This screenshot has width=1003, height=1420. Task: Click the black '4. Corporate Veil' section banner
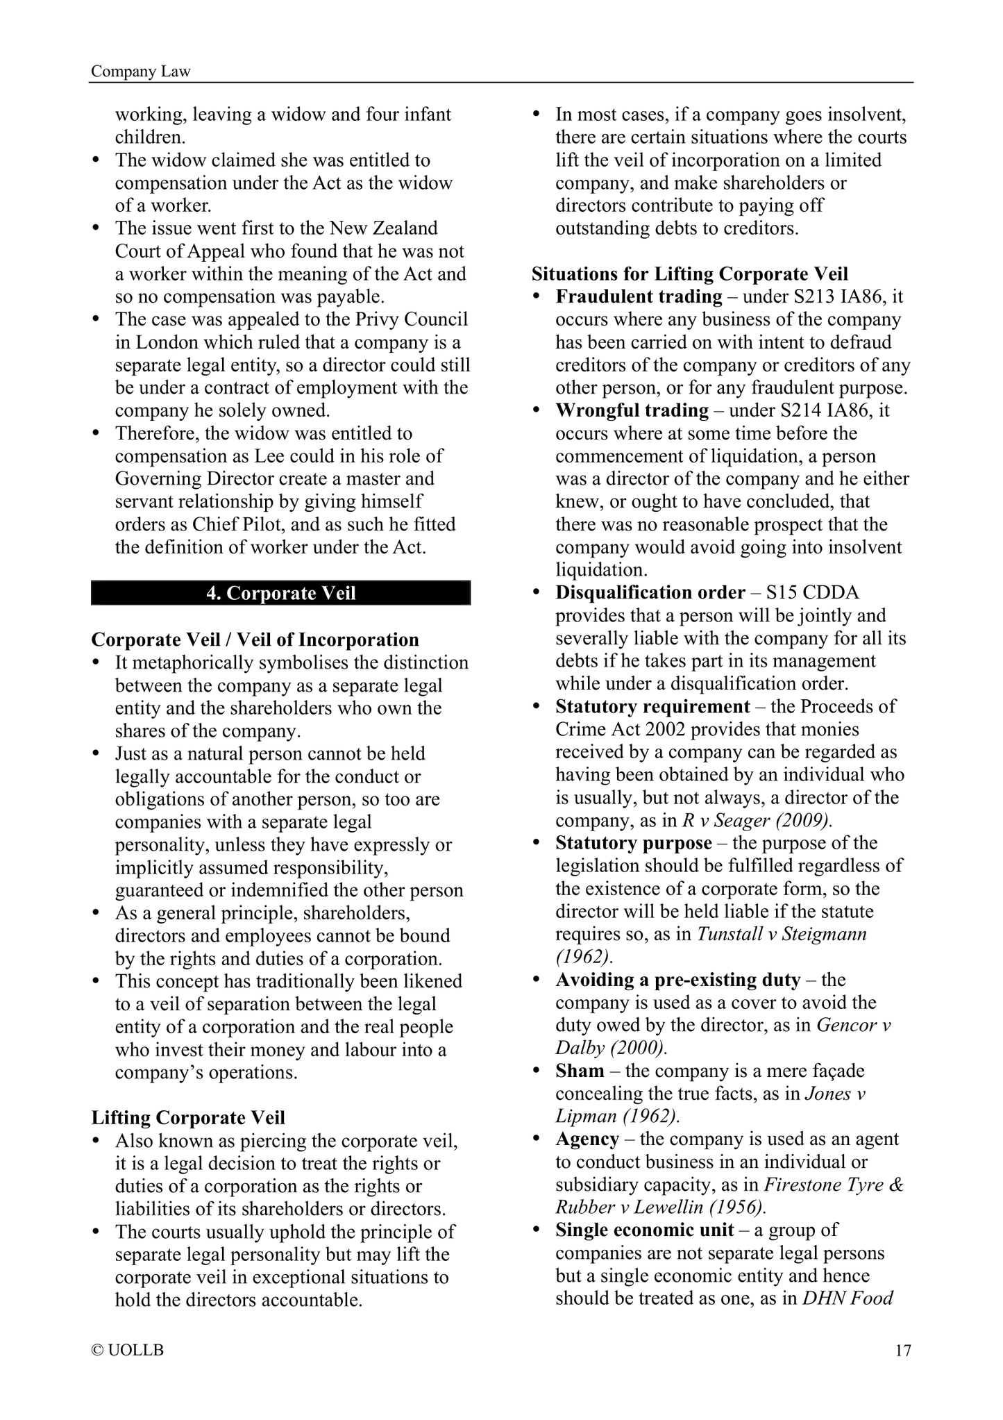point(280,593)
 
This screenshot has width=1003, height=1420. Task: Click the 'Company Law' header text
point(141,72)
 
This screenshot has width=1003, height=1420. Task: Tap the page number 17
point(902,1351)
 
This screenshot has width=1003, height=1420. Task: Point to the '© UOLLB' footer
point(128,1351)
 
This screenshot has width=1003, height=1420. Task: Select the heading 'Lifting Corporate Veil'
point(188,1118)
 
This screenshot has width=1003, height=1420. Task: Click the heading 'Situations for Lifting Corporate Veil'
point(690,274)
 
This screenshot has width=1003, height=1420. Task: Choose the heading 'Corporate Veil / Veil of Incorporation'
point(255,640)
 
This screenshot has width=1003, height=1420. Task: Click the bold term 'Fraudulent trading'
point(639,297)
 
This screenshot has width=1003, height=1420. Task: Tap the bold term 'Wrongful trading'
point(632,411)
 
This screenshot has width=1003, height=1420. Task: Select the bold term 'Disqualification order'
point(650,593)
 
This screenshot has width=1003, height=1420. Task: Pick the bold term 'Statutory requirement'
point(652,707)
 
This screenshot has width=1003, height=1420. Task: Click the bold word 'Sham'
point(580,1071)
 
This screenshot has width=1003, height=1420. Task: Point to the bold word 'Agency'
point(587,1139)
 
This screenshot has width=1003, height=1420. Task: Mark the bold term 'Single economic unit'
point(644,1230)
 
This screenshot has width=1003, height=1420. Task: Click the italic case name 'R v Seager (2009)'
point(757,821)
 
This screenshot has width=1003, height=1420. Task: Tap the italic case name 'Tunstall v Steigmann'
point(782,934)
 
